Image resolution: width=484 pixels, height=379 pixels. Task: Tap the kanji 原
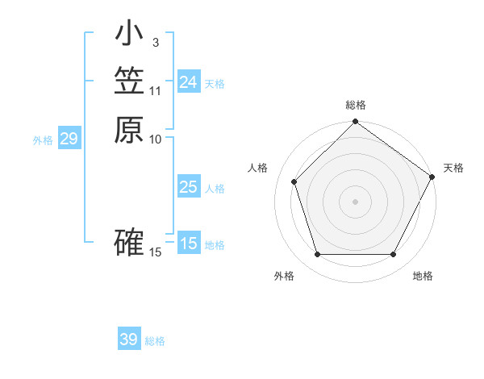[x=129, y=130]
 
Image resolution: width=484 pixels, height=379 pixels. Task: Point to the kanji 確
[x=129, y=243]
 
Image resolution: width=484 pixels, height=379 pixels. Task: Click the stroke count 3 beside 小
[x=155, y=42]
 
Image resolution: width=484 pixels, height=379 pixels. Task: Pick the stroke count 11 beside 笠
[x=156, y=90]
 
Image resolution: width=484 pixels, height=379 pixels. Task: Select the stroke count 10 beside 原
[x=156, y=139]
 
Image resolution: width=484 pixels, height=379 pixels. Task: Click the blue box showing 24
[x=189, y=82]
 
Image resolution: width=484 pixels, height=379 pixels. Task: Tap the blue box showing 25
[x=189, y=187]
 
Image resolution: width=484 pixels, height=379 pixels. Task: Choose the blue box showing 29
[x=69, y=140]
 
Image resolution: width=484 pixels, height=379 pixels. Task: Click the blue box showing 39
[x=128, y=339]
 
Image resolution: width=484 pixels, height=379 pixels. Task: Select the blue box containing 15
[x=189, y=244]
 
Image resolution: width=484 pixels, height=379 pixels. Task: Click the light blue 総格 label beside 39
[x=155, y=341]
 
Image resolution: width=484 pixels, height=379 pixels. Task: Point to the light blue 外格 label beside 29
[x=43, y=140]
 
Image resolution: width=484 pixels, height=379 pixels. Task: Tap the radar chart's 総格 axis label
[x=356, y=105]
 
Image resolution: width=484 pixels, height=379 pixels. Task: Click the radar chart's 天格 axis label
[x=453, y=168]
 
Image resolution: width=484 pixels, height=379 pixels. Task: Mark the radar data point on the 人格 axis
[x=294, y=181]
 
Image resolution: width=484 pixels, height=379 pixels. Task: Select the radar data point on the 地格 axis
[x=393, y=254]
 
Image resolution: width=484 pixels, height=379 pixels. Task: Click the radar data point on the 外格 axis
[x=317, y=254]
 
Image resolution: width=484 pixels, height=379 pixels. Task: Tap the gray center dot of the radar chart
[x=355, y=201]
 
